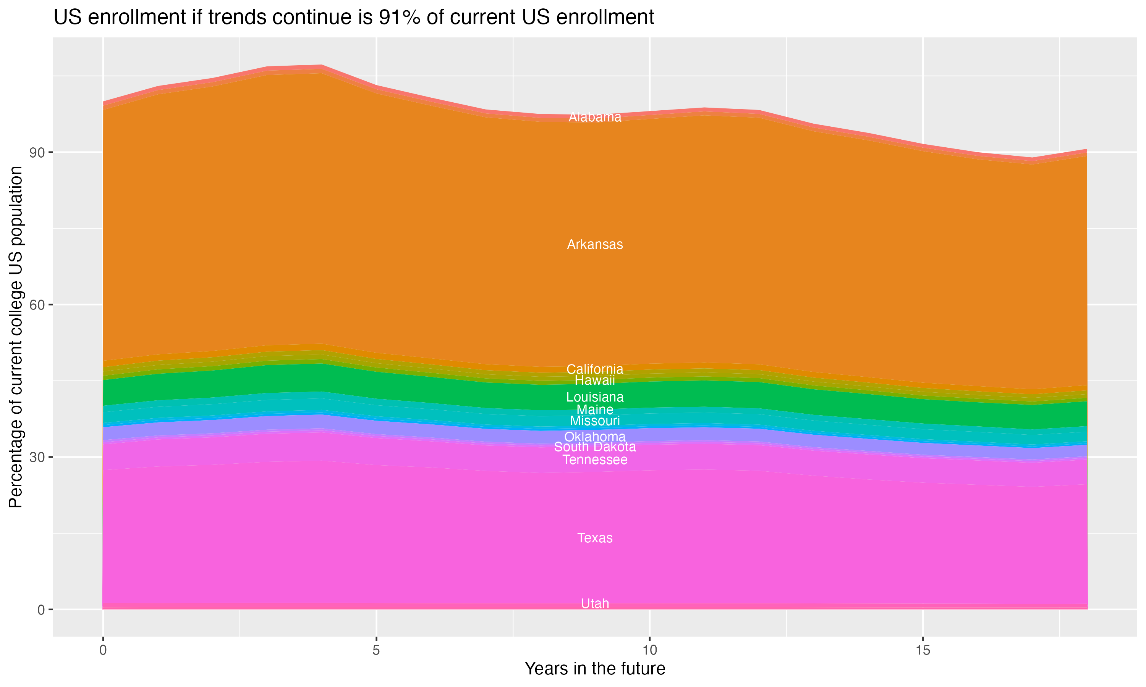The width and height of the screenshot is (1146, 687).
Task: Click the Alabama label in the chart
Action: pos(595,118)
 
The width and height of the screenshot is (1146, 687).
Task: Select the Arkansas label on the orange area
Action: pos(595,244)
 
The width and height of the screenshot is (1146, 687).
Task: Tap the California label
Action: pos(595,369)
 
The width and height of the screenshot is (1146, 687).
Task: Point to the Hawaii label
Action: pos(595,381)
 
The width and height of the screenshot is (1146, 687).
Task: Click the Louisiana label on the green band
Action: pos(595,397)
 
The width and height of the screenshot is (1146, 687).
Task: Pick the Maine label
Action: pos(595,410)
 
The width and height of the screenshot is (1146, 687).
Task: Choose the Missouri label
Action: pos(595,421)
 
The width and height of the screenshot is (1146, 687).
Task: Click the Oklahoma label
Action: pos(595,437)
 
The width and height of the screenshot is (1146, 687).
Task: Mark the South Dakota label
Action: pos(595,447)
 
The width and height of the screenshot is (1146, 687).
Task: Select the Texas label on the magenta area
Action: pos(595,538)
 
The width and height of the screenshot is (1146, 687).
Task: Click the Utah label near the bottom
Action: pos(595,604)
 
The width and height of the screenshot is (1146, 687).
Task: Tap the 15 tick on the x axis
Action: pos(923,650)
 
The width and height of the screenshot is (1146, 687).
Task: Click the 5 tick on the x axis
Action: pos(376,650)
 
